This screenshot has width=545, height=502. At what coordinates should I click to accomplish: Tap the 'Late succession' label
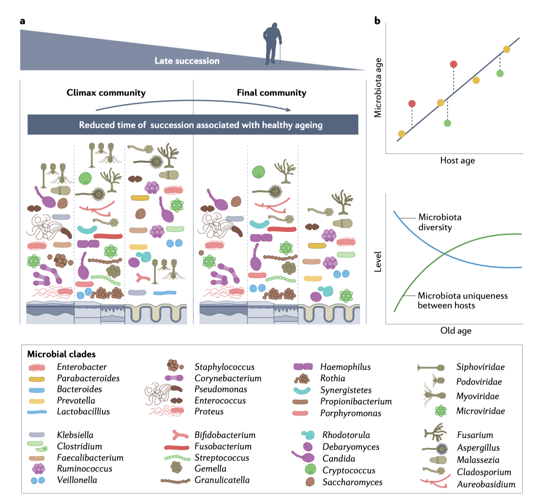187,61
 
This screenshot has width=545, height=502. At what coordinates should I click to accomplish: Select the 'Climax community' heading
106,93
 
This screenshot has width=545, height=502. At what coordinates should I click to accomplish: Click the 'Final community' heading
272,93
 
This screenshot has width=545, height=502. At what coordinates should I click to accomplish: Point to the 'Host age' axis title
457,161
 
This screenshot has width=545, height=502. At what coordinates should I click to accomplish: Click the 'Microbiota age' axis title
378,88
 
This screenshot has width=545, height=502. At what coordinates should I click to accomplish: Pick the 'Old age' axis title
455,330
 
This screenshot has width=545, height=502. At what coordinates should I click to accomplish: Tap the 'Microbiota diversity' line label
439,222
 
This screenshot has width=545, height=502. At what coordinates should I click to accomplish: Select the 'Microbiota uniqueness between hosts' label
462,300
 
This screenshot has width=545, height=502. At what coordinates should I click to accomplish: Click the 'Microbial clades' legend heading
61,354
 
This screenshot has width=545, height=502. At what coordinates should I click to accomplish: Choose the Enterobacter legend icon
37,367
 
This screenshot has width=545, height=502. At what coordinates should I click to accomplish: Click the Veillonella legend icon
38,480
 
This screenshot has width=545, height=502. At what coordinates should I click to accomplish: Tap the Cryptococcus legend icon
310,470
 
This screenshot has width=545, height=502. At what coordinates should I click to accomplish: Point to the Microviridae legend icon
441,411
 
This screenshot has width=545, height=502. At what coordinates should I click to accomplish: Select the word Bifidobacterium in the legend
225,435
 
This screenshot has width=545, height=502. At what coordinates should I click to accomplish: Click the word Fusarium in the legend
475,435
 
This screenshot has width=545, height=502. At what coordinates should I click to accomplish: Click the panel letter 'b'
377,21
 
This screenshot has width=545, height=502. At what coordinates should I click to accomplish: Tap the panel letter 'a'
23,21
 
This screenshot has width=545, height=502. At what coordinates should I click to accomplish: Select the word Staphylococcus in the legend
224,367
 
